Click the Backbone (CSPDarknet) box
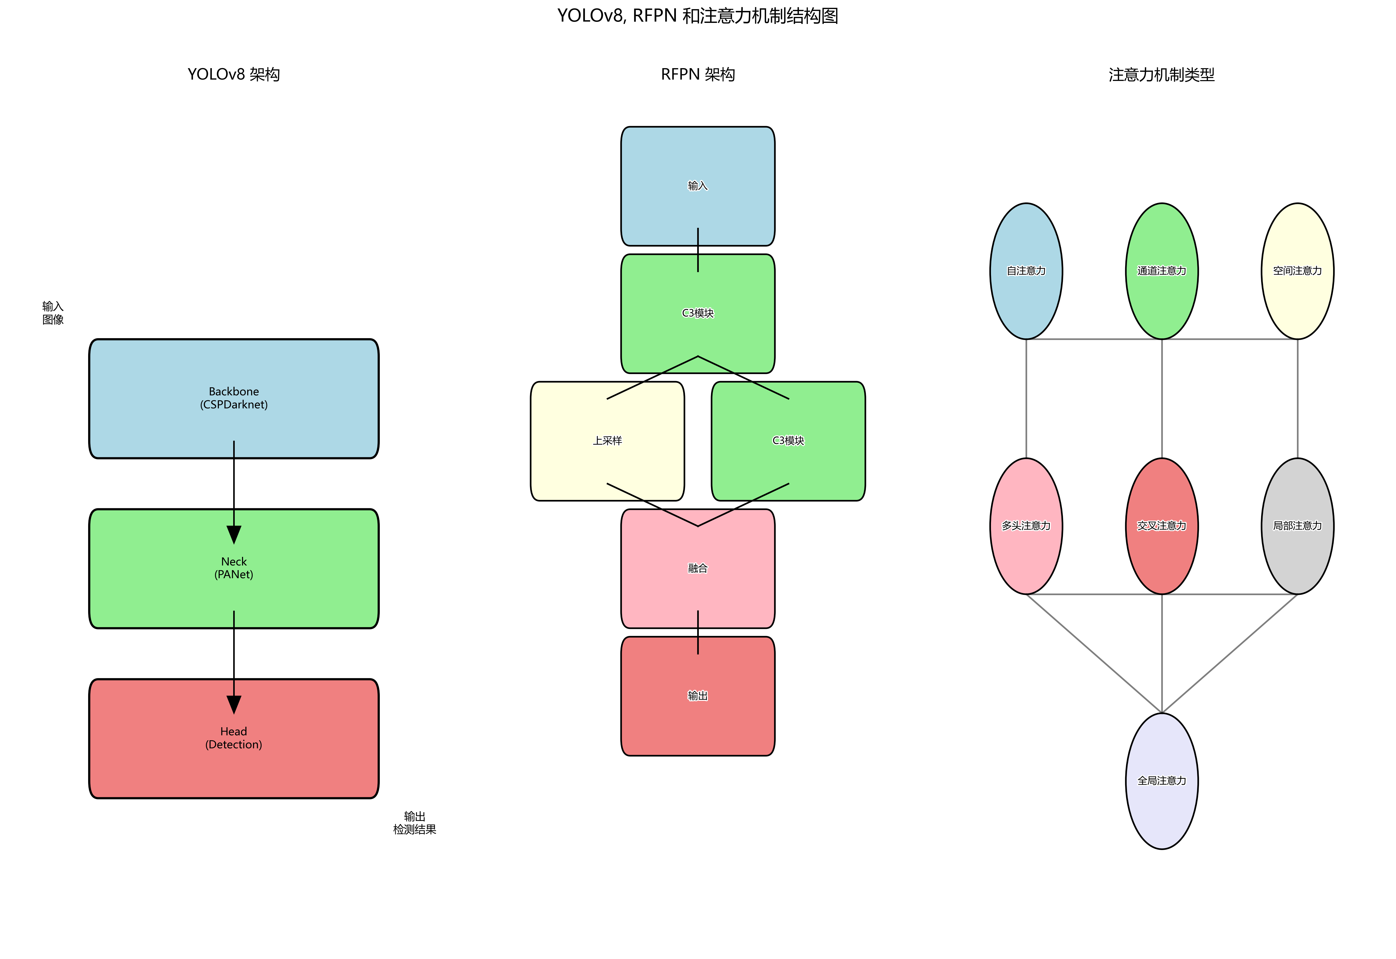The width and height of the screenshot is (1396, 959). [x=234, y=398]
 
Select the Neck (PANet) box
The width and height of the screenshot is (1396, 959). [x=234, y=568]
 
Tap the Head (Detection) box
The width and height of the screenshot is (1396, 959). [x=234, y=738]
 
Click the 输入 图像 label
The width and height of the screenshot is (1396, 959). [x=53, y=313]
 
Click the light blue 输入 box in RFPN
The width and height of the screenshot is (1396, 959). [x=697, y=186]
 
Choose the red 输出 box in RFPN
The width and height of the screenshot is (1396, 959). [x=697, y=696]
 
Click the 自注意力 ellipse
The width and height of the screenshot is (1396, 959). [x=1026, y=271]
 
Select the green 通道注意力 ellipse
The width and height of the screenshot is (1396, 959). [x=1162, y=271]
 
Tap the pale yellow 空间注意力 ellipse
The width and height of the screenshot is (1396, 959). [x=1297, y=271]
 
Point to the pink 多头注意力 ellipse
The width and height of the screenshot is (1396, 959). [x=1026, y=526]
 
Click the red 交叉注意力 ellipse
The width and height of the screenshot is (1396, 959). [x=1162, y=526]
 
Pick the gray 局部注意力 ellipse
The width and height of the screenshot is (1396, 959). [x=1297, y=526]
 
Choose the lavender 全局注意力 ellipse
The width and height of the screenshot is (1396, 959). [x=1162, y=781]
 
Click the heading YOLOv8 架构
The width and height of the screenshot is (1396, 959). [x=234, y=74]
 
